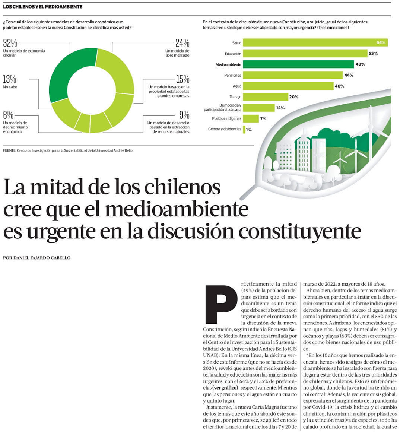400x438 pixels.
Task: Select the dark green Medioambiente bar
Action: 298,64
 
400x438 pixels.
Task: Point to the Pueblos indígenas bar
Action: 251,119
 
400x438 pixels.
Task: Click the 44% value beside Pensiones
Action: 349,75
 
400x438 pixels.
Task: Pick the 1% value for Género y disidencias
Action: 248,130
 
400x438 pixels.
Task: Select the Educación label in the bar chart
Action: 233,54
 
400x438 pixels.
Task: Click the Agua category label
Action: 237,86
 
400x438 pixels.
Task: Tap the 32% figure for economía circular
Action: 10,43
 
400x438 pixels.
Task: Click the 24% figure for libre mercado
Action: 182,43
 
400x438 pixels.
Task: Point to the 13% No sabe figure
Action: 10,79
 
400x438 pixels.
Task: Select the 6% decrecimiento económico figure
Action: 8,115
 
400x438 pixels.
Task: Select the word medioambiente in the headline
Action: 176,209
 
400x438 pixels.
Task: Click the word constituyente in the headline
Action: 300,231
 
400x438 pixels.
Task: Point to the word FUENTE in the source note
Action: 9,150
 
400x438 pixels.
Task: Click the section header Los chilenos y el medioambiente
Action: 43,7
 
